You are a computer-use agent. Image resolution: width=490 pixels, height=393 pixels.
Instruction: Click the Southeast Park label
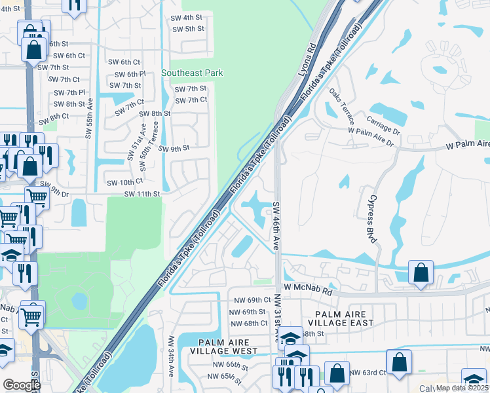pyautogui.click(x=192, y=73)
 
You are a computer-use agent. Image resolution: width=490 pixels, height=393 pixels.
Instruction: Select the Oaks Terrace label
pyautogui.click(x=341, y=107)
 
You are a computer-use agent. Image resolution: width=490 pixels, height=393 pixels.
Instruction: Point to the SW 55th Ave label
pyautogui.click(x=88, y=119)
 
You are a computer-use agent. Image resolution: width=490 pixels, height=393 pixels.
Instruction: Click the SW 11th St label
pyautogui.click(x=142, y=194)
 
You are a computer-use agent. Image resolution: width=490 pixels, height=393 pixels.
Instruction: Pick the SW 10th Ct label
pyautogui.click(x=124, y=181)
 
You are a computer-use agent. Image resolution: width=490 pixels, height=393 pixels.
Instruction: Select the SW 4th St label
pyautogui.click(x=186, y=18)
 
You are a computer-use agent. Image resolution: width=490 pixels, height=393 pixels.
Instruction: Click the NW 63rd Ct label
pyautogui.click(x=367, y=373)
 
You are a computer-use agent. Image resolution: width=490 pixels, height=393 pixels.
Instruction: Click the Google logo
pyautogui.click(x=22, y=385)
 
